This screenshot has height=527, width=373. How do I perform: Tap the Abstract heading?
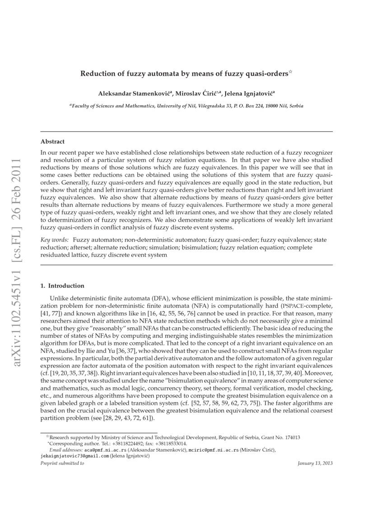pyautogui.click(x=52, y=141)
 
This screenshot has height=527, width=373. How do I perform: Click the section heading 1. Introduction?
pyautogui.click(x=62, y=285)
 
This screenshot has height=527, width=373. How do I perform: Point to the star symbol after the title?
pyautogui.click(x=291, y=72)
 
